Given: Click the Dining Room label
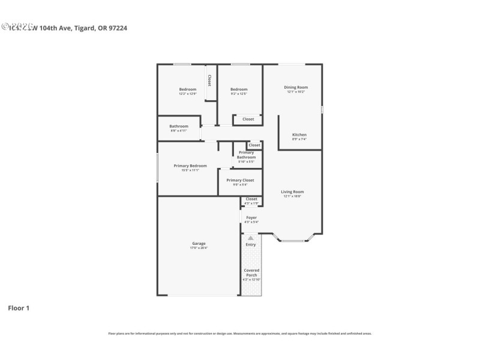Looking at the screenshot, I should pos(295,88).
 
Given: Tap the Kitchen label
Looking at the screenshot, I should pos(299,134).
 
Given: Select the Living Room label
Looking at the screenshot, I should pos(292,192).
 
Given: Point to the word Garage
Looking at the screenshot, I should pos(199,244).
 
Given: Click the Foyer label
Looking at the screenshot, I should pos(251,218).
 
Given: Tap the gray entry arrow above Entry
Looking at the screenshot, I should pos(251,238).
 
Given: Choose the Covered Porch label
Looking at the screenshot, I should pos(251,273).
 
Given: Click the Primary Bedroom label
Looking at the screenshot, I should pos(190,166).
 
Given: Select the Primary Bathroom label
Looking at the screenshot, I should pos(246,155).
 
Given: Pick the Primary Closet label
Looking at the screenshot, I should pos(240,180).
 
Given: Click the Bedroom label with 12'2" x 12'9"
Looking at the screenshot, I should pos(187,89).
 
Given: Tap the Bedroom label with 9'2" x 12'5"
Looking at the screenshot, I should pos(239,89).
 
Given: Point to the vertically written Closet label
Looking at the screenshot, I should pos(209,80).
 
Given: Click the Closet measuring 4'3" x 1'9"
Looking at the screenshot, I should pos(251,199).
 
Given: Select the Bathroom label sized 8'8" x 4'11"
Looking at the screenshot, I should pos(179,126).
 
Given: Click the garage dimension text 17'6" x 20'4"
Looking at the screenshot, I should pos(199,248).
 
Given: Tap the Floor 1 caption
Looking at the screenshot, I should pos(18,308).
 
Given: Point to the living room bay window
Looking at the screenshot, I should pos(293,240).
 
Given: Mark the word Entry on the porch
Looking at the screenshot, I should pos(251,245).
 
